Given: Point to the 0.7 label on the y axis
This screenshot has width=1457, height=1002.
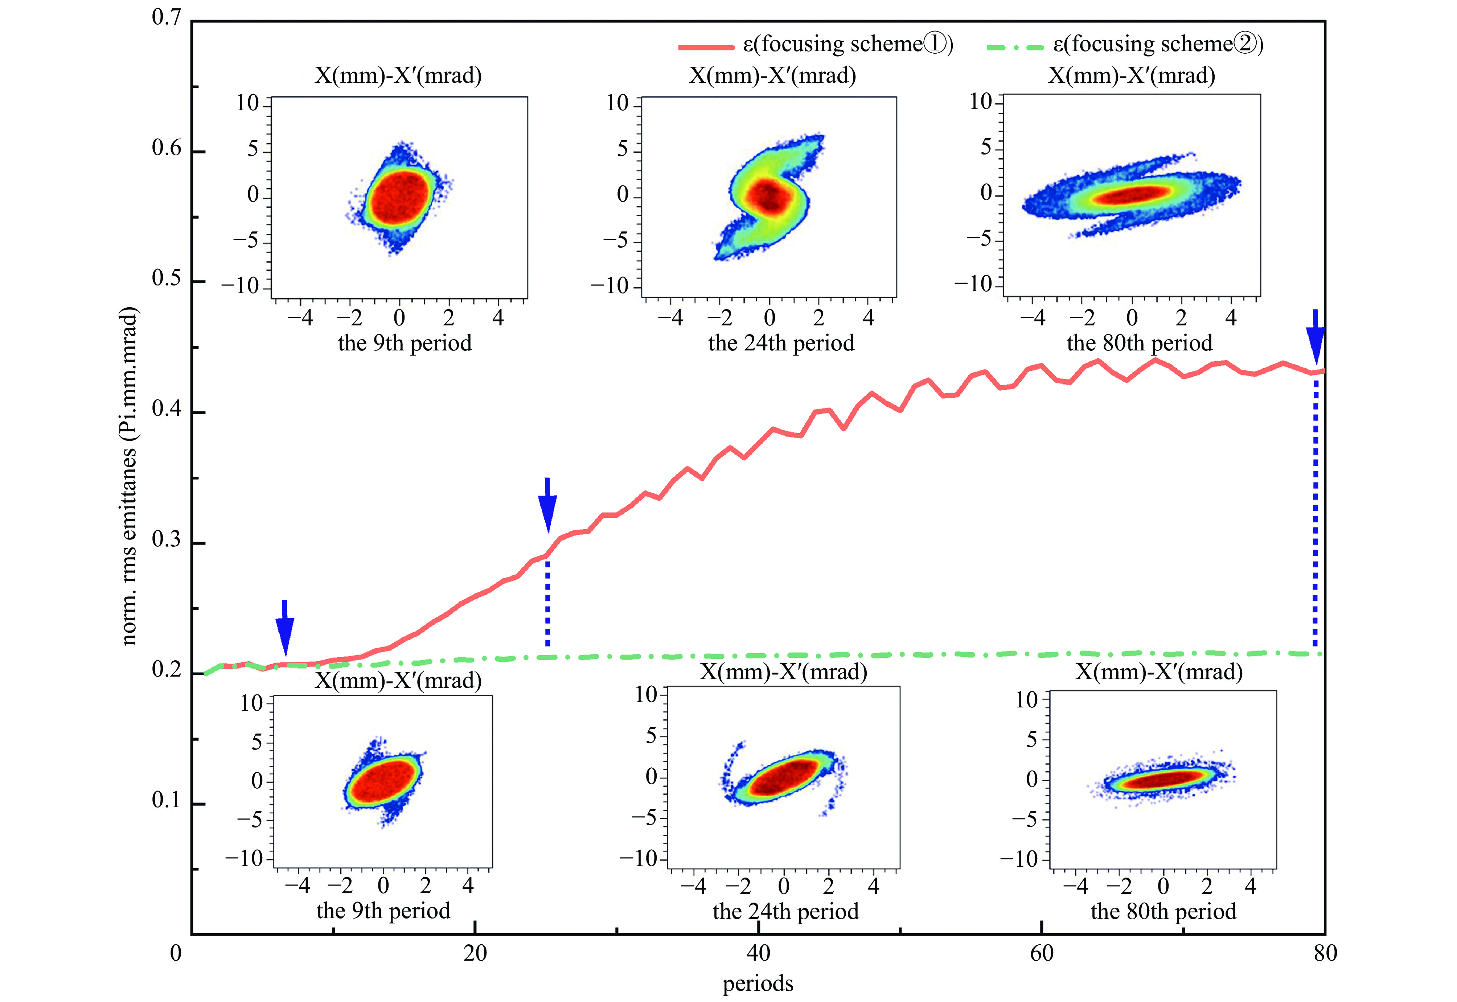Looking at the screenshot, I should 167,17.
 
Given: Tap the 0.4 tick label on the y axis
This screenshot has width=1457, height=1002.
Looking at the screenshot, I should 167,409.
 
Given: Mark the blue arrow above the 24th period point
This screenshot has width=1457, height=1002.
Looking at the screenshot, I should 547,505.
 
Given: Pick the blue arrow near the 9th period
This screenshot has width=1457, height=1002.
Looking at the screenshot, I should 285,628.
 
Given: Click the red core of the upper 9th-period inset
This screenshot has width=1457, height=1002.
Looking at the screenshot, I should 399,197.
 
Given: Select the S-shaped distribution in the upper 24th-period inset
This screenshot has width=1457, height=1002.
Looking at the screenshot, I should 769,196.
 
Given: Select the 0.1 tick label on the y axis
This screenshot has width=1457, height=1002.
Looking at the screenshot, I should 167,800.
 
